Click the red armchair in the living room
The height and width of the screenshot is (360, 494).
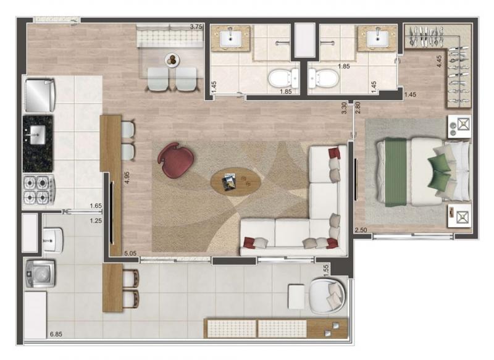click(175, 160)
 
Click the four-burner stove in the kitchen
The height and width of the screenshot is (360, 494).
click(39, 190)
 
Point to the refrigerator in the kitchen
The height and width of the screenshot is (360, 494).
click(40, 96)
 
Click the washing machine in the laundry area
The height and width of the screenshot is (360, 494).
click(40, 274)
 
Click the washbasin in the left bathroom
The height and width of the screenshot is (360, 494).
click(230, 38)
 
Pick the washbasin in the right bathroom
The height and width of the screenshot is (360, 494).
click(377, 38)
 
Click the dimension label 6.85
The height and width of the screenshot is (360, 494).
click(56, 334)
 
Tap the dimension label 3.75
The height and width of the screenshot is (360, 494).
click(196, 27)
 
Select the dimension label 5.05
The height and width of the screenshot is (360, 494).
click(130, 253)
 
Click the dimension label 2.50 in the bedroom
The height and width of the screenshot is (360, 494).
click(361, 230)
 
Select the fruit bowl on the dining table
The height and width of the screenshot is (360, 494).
click(172, 59)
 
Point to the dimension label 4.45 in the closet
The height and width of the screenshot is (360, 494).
click(439, 61)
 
